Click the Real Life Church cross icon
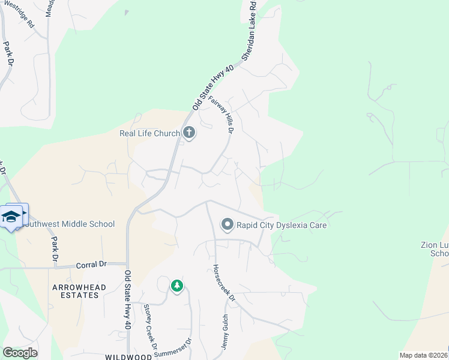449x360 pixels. click(x=189, y=133)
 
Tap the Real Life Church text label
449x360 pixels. click(x=149, y=133)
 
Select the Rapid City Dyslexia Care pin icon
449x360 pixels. click(x=228, y=225)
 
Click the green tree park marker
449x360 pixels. click(x=176, y=286)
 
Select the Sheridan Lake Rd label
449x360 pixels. click(x=250, y=30)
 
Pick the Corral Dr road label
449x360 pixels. click(x=91, y=265)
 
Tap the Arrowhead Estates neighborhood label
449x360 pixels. click(x=75, y=292)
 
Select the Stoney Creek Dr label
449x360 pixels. click(x=149, y=326)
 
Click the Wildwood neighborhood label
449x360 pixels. click(x=127, y=356)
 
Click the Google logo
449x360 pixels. click(x=20, y=353)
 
